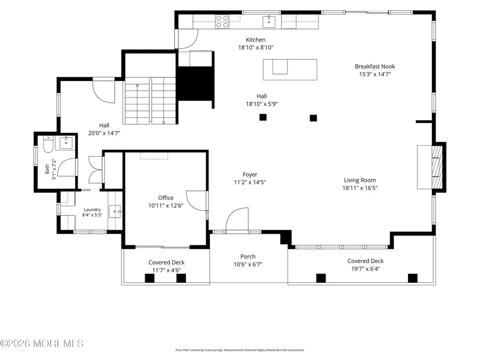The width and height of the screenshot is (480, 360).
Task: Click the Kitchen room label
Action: (x=256, y=40)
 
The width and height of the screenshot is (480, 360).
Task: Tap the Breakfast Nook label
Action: (x=375, y=66)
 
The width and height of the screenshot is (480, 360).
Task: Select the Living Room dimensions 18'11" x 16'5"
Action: (x=360, y=188)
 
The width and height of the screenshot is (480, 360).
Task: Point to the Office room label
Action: (x=166, y=198)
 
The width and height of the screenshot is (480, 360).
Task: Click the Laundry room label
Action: (x=92, y=210)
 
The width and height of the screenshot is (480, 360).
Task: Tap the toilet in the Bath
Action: (x=48, y=144)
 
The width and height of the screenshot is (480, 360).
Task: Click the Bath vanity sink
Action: (x=66, y=143)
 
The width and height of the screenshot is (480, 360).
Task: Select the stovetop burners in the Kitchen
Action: (x=222, y=22)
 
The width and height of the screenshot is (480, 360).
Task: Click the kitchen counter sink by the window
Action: (x=269, y=22)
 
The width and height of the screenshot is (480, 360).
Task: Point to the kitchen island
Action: (x=290, y=70)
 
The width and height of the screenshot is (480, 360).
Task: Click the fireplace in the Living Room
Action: (x=430, y=167)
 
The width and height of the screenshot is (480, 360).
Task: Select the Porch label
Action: (x=248, y=257)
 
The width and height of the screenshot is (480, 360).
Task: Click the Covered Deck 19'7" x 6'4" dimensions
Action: (x=366, y=269)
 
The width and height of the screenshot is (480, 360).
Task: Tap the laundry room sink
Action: (x=115, y=211)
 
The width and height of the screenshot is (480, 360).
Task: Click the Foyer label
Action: (x=250, y=175)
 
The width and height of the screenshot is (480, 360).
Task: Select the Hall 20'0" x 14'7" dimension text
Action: (x=104, y=133)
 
